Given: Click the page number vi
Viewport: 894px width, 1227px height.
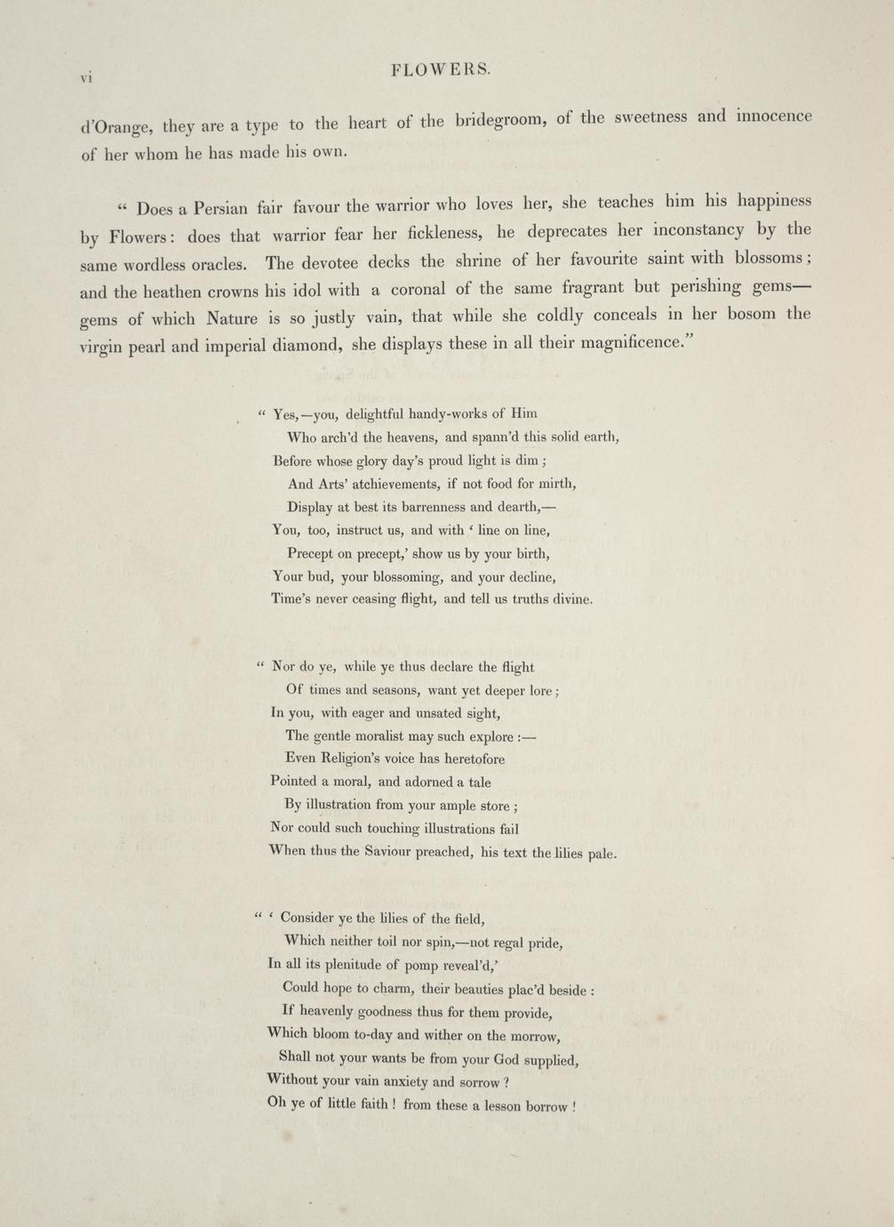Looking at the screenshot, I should pyautogui.click(x=86, y=77).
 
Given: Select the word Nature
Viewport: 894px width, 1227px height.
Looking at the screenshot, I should pyautogui.click(x=231, y=317).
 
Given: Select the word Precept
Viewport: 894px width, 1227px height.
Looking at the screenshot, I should pyautogui.click(x=313, y=553).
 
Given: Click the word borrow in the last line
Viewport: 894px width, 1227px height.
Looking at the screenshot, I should pyautogui.click(x=547, y=1107).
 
